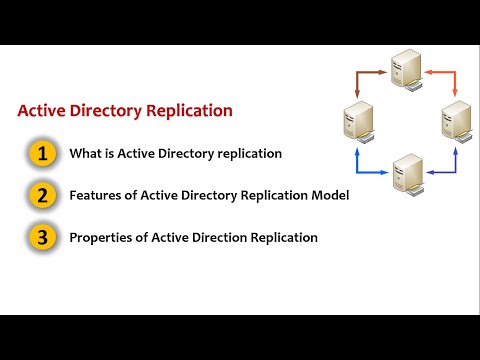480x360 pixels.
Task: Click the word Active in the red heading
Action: point(44,111)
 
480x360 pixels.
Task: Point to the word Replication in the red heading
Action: point(188,111)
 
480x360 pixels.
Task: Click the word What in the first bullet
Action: point(83,154)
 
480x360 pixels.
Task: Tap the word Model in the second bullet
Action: point(329,196)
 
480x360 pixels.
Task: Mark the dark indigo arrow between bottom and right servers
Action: point(448,165)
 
